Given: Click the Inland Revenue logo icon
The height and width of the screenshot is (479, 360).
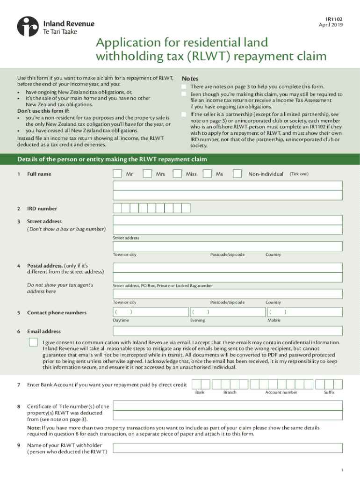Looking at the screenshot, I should click(28, 26).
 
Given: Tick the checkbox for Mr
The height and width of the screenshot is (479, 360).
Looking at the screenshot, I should click(118, 174).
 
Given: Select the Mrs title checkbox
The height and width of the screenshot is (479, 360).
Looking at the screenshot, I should click(147, 174).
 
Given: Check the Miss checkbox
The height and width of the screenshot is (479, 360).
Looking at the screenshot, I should click(177, 174).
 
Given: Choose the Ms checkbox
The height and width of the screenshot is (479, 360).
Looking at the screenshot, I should click(207, 174).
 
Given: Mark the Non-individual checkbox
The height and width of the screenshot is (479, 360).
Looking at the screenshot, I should click(238, 174).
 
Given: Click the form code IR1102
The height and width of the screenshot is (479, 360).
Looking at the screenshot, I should click(334, 19).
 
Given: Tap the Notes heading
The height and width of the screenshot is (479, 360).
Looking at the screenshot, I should click(190, 79).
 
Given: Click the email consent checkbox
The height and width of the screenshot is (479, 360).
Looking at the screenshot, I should click(33, 342).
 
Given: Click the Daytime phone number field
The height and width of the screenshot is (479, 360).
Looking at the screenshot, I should click(150, 312).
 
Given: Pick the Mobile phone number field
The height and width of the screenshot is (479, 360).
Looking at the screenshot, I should click(304, 312).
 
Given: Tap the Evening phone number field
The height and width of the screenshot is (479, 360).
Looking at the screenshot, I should click(227, 312).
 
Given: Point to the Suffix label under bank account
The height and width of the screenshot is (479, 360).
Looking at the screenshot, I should click(329, 392).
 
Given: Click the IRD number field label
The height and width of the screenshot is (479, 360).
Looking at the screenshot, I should click(42, 209).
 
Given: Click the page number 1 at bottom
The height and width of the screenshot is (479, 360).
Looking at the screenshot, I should click(342, 470).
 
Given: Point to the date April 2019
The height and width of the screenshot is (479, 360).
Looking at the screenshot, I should click(331, 25).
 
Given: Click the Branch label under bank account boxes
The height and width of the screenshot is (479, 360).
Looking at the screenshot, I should click(230, 392).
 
